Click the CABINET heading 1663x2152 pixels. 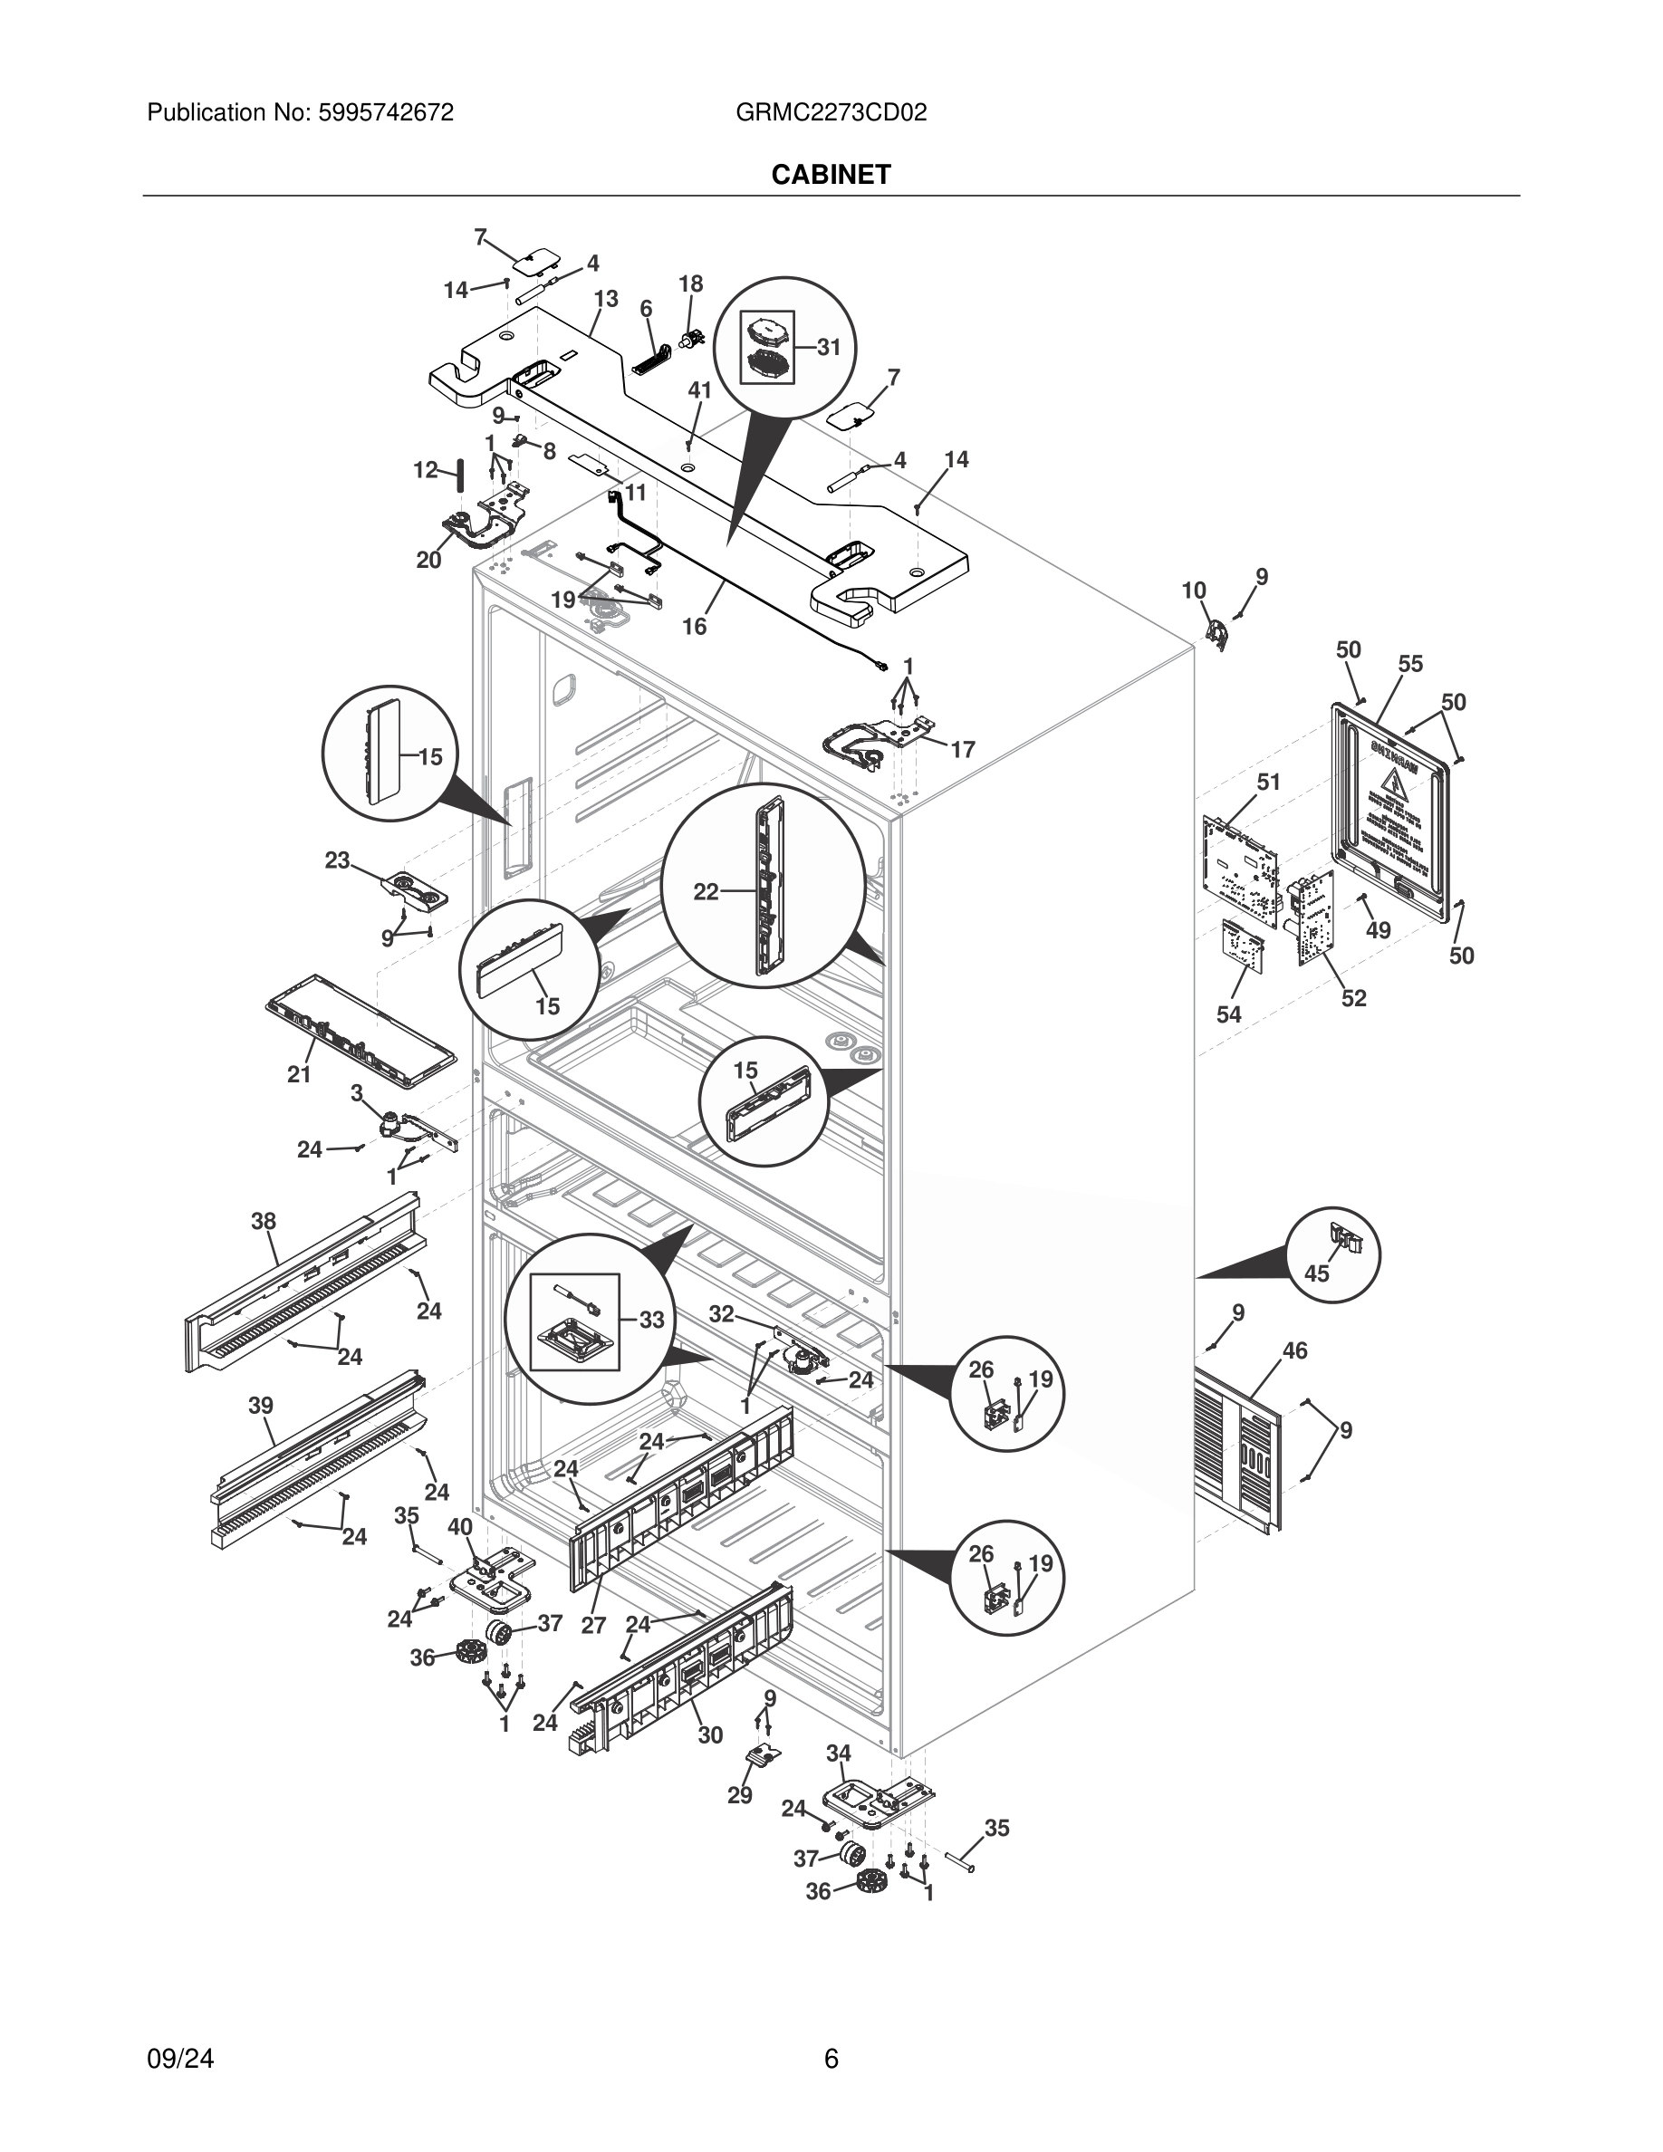tap(831, 175)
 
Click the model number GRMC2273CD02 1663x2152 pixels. tap(831, 112)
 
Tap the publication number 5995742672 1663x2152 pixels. tap(384, 112)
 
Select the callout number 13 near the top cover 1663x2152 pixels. tap(606, 299)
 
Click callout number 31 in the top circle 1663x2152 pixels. tap(829, 347)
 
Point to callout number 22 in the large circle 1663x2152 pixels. tap(706, 892)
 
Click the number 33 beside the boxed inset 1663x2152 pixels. tap(651, 1320)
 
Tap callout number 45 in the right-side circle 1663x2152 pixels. tap(1316, 1273)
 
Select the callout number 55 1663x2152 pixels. tap(1409, 664)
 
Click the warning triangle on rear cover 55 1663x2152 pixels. tap(1392, 785)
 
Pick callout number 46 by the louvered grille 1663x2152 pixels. tap(1294, 1351)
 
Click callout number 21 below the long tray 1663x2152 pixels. tap(300, 1075)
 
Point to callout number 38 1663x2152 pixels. tap(263, 1222)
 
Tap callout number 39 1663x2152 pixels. tap(261, 1406)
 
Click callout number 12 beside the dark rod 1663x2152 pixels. tap(425, 470)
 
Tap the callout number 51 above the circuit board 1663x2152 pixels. tap(1268, 783)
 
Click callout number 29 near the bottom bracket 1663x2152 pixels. tap(740, 1795)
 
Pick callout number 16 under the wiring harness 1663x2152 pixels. tap(695, 627)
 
